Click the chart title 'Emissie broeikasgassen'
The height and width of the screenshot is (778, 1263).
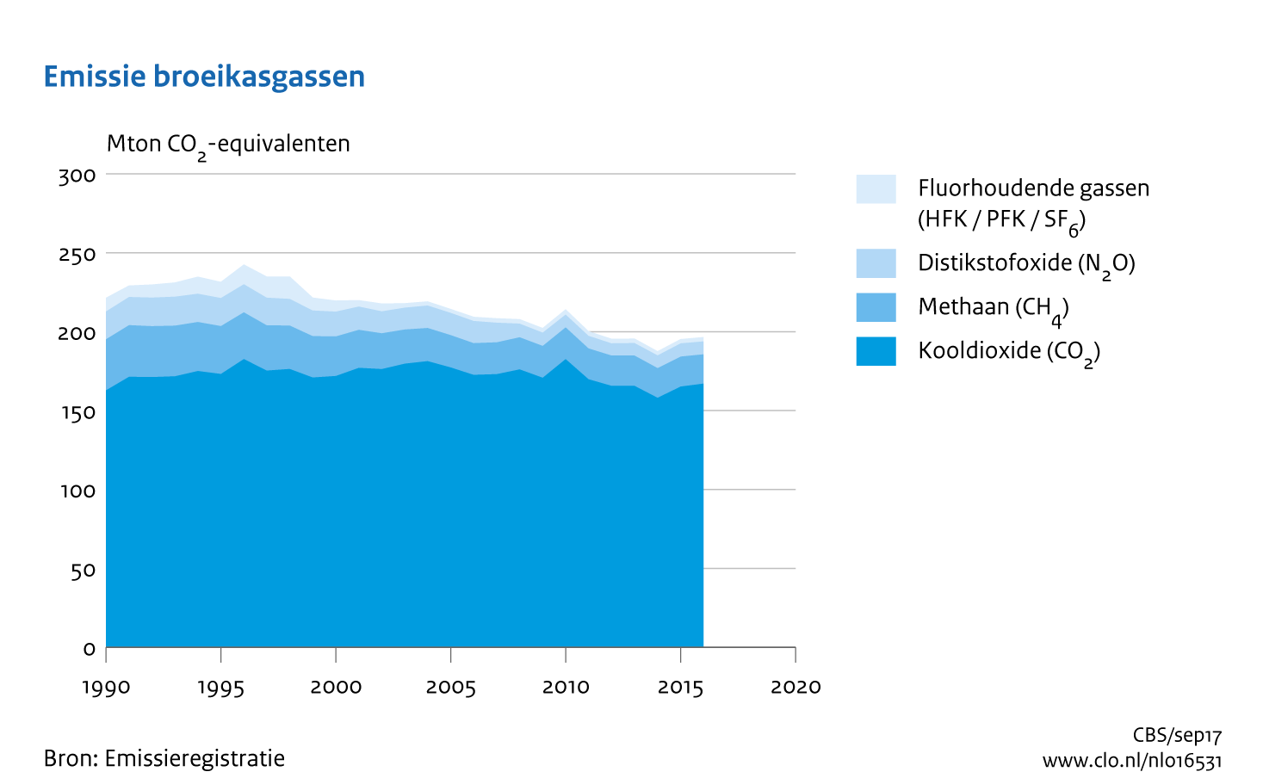[x=204, y=77]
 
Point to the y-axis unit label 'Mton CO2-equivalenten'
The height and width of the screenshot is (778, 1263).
[x=228, y=145]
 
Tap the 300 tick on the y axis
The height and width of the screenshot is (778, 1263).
[x=77, y=176]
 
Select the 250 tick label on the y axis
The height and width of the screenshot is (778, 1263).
[x=77, y=255]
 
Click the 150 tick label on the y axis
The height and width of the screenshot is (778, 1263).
[x=77, y=412]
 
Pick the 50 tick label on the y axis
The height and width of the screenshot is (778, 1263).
[x=83, y=570]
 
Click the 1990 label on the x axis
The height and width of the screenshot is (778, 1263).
[x=106, y=687]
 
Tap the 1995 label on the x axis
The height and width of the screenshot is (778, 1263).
[x=221, y=687]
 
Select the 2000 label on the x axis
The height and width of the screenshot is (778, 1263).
[x=336, y=687]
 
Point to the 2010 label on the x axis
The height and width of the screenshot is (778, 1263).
[x=566, y=687]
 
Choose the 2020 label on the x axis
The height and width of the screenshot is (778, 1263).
[x=796, y=687]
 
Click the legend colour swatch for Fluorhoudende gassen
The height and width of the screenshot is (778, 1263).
[x=876, y=188]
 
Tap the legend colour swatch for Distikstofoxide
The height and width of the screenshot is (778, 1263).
[x=876, y=263]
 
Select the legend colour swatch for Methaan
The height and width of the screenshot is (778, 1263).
[x=876, y=307]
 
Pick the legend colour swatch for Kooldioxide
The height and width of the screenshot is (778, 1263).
[x=876, y=351]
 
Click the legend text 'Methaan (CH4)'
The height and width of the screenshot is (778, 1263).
[x=993, y=308]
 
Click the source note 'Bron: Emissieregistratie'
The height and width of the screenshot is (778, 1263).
[x=164, y=758]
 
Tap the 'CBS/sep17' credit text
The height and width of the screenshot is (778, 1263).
[x=1177, y=736]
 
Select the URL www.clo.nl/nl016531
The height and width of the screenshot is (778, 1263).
[x=1132, y=761]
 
